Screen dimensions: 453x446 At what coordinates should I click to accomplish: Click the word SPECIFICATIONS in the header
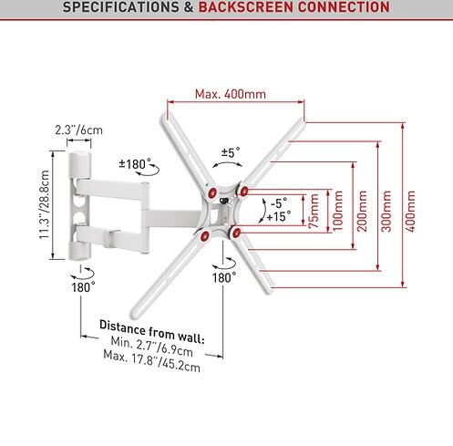[x=120, y=7]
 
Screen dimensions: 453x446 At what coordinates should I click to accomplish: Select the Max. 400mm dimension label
[x=231, y=94]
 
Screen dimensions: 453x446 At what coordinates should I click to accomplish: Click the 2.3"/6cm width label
[x=79, y=130]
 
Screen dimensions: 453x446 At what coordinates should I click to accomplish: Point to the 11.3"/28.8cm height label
[x=45, y=204]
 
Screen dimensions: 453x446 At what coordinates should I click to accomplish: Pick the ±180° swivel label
[x=135, y=164]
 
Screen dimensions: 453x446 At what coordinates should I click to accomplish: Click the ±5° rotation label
[x=231, y=152]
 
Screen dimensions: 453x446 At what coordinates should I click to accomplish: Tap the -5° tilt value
[x=279, y=202]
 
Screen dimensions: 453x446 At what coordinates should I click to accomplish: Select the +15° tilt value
[x=279, y=217]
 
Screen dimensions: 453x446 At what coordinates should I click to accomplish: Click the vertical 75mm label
[x=314, y=211]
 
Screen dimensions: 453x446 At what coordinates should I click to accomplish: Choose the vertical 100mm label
[x=338, y=211]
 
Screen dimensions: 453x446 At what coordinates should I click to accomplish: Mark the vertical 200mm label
[x=362, y=211]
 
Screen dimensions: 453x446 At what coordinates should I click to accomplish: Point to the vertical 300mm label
[x=386, y=211]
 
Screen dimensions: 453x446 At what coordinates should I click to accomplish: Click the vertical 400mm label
[x=410, y=211]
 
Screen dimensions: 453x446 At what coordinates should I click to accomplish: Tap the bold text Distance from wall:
[x=152, y=332]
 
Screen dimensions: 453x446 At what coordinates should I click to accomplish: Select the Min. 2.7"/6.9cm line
[x=152, y=347]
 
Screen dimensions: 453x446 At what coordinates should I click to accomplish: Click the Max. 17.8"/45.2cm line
[x=152, y=361]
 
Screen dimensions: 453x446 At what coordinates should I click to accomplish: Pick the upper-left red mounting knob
[x=212, y=192]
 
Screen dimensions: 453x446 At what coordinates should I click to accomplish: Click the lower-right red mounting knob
[x=236, y=233]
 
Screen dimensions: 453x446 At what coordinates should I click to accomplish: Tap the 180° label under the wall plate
[x=83, y=286]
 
